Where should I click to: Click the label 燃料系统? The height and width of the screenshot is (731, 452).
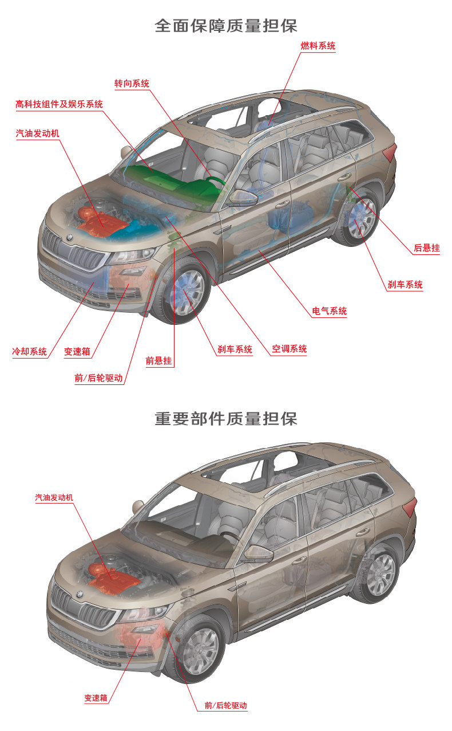point(318,46)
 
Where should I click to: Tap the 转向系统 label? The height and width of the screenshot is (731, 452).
point(132,84)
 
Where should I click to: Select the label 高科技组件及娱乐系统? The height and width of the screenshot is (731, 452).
point(59,104)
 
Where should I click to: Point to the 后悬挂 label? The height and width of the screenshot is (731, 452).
point(427,248)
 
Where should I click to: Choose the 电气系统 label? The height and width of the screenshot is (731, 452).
point(330,312)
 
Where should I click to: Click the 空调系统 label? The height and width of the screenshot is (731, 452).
point(289,349)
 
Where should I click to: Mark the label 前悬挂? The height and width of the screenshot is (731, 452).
point(158,361)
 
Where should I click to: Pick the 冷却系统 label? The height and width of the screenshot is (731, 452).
point(29,351)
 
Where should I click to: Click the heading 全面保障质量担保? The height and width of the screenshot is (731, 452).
point(226,26)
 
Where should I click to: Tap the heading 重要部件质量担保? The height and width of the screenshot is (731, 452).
point(226,418)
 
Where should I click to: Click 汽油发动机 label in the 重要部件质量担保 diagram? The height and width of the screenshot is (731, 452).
point(54,498)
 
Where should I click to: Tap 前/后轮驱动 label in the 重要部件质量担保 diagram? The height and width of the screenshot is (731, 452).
point(225,706)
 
